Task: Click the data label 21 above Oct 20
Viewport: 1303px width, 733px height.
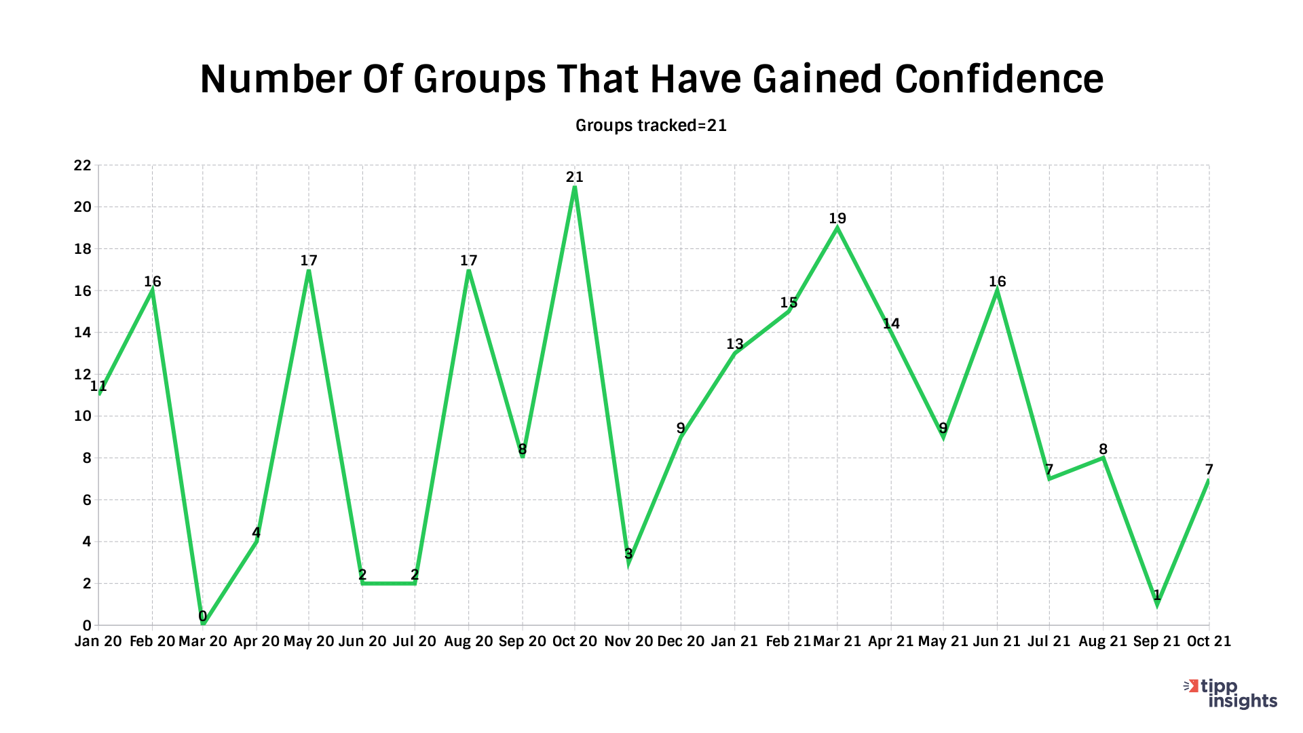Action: point(574,177)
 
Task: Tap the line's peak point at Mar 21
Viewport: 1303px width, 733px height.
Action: point(837,228)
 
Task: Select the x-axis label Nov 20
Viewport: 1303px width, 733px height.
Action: point(628,641)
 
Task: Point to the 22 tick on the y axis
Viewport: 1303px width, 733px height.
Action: point(82,166)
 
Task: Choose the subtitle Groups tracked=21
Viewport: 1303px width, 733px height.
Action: point(651,126)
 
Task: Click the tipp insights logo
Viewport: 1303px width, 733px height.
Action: point(1231,694)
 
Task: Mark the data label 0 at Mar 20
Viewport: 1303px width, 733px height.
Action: point(202,616)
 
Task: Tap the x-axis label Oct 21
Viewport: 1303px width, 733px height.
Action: point(1208,641)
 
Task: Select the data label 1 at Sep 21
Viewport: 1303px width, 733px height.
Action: point(1157,596)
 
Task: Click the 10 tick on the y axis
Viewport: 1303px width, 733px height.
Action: point(82,416)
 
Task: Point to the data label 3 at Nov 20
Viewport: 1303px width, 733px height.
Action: point(628,554)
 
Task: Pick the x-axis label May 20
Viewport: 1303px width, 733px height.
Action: point(308,641)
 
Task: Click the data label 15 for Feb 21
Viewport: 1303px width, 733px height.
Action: point(789,303)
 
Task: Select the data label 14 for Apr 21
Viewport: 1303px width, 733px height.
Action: point(891,324)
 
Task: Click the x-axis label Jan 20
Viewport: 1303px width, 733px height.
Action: point(98,641)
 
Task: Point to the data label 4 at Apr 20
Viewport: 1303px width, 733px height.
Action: point(256,533)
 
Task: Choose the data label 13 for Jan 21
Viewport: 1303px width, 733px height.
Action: point(735,344)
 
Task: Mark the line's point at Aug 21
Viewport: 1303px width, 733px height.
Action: point(1103,458)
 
